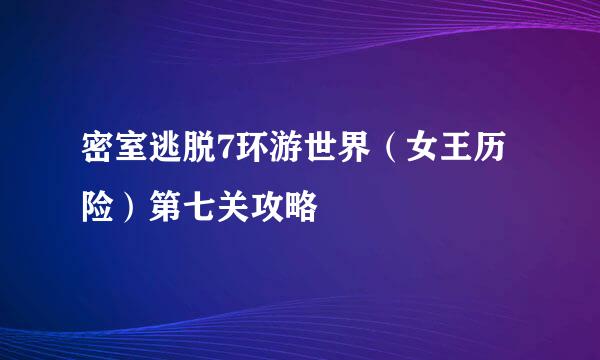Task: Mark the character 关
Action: point(246,209)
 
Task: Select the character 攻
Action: point(283,209)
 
